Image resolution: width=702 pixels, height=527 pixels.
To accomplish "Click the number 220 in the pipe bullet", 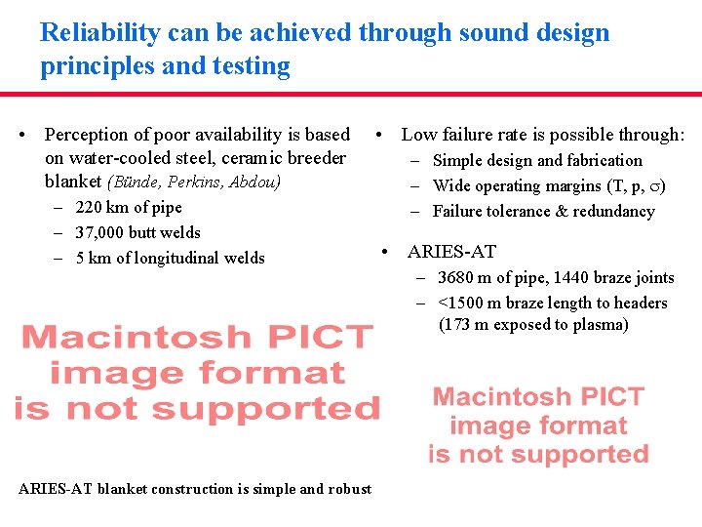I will (x=88, y=207).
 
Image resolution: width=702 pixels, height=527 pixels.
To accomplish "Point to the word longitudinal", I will (x=172, y=258).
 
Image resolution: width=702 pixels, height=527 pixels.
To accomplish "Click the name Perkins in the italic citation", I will (x=199, y=182).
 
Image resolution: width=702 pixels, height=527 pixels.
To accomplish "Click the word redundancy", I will (x=614, y=211).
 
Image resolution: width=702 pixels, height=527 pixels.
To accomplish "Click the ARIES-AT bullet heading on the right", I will (x=451, y=252).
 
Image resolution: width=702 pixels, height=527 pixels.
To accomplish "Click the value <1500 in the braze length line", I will (x=460, y=303).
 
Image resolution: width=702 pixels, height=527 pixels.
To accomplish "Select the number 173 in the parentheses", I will (x=457, y=324).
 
